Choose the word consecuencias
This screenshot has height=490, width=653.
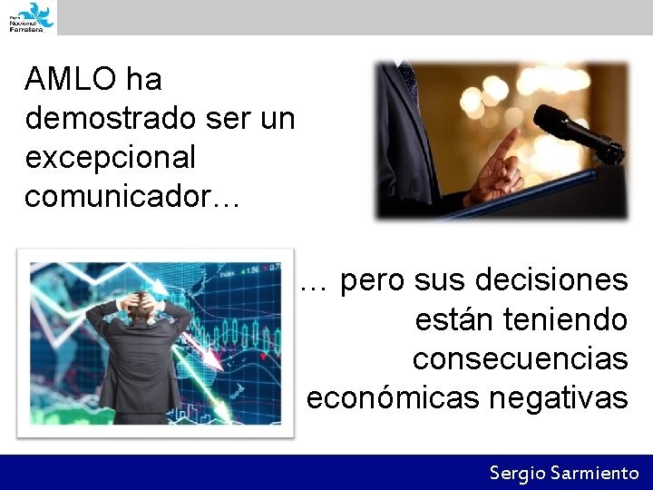point(520,358)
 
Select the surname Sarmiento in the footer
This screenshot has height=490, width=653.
point(595,473)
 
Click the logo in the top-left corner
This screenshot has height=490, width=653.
point(31,16)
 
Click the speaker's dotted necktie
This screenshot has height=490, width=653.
point(409,81)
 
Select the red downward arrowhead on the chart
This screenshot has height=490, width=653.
point(214,363)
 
